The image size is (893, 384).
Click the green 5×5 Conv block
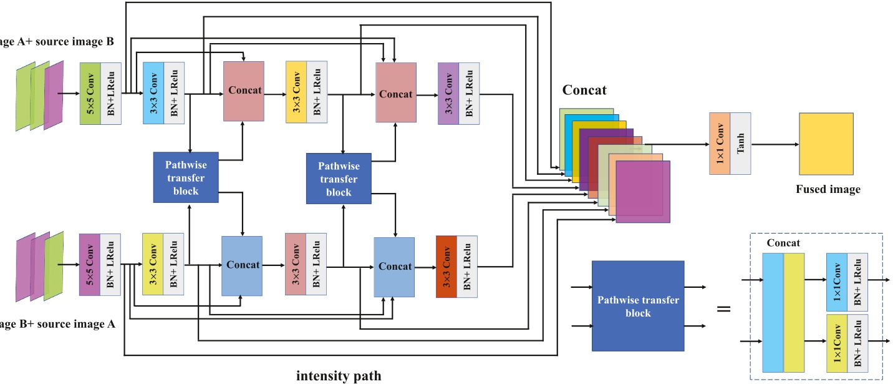pos(90,94)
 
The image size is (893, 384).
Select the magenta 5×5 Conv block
pos(90,264)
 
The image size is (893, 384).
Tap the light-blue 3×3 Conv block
pos(153,94)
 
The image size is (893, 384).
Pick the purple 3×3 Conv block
pos(448,94)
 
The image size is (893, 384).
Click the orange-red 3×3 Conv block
pos(446,267)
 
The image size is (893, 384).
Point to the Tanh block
pos(740,143)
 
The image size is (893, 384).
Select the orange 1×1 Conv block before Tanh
pos(720,143)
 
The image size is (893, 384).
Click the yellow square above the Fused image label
pos(826,144)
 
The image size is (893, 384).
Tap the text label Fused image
pos(828,189)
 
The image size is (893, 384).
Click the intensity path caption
pos(338,375)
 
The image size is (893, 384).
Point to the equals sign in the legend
pos(723,308)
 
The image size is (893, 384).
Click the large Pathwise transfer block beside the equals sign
pos(637,306)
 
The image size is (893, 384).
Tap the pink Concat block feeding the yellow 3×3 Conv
pos(244,91)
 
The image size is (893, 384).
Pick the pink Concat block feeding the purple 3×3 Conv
pos(395,92)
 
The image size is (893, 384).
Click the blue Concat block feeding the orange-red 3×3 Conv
pos(394,267)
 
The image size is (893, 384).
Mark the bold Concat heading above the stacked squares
pos(584,91)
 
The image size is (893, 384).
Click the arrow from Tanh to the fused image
pos(775,144)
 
